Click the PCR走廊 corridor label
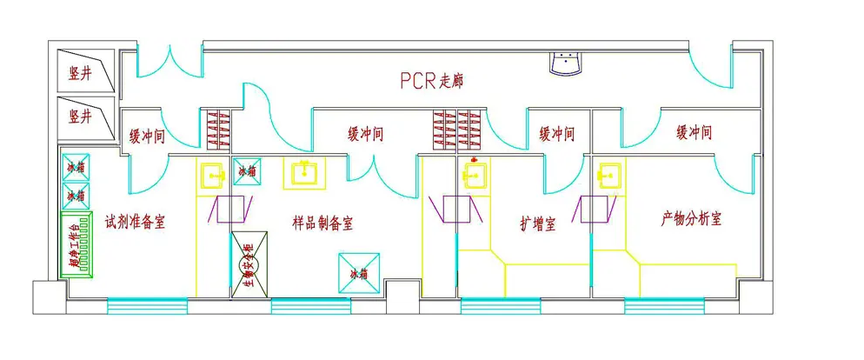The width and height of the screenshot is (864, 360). click(x=431, y=81)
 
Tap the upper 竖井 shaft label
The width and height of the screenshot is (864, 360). click(x=80, y=73)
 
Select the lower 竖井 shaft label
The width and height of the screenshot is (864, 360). click(x=80, y=116)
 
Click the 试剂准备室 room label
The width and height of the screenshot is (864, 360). click(x=135, y=222)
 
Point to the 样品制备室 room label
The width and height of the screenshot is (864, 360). click(x=322, y=223)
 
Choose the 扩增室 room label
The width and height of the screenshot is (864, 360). click(x=537, y=223)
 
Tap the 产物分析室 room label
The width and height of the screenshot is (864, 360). click(x=691, y=218)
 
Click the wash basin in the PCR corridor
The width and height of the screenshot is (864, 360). click(x=567, y=63)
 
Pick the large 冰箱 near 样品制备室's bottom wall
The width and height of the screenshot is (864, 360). click(x=359, y=273)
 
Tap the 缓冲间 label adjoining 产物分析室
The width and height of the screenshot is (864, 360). click(x=694, y=133)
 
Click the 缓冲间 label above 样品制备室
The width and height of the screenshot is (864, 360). click(x=366, y=134)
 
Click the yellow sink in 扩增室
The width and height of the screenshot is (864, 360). click(x=474, y=176)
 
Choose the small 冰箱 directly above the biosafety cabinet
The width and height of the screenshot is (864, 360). click(x=248, y=170)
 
